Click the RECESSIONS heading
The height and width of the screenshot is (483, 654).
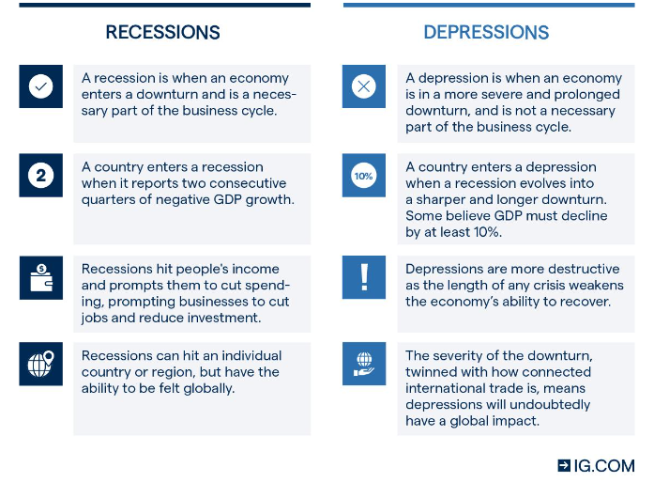[x=162, y=33]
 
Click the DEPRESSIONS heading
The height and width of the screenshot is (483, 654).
[x=486, y=33]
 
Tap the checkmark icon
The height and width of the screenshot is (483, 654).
[x=40, y=86]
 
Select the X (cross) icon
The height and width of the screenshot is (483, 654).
[x=364, y=86]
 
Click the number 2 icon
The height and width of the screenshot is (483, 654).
[x=40, y=176]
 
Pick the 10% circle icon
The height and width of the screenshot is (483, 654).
[x=364, y=176]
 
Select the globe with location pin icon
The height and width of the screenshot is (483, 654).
[x=40, y=364]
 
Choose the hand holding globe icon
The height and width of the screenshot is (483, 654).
[x=364, y=364]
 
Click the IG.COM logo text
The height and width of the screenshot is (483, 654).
[x=604, y=465]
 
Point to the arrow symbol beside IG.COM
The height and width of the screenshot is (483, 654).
[x=564, y=465]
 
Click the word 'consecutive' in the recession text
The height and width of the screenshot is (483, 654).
[x=249, y=183]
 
